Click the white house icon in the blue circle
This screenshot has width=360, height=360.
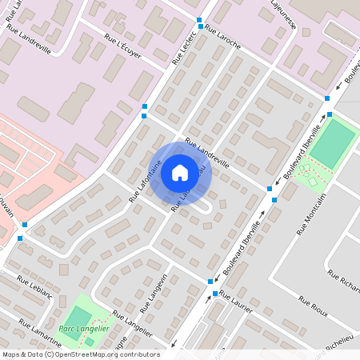pos(180,171)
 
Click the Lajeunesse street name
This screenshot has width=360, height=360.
pos(284,16)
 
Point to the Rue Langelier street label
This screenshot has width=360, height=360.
pos(133,324)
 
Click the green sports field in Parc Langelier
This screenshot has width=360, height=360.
pos(78,314)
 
